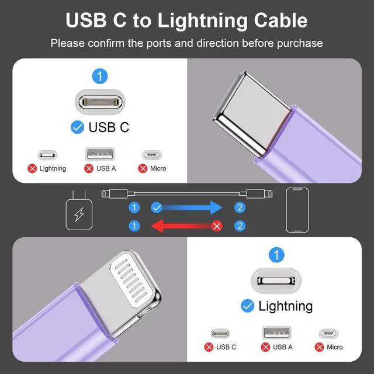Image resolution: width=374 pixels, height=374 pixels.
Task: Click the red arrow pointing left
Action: click(x=181, y=226)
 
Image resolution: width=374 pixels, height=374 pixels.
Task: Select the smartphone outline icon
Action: click(x=297, y=211)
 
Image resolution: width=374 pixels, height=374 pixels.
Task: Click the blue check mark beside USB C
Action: click(x=77, y=127)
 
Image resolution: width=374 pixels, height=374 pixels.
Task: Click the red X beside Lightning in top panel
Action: click(x=33, y=168)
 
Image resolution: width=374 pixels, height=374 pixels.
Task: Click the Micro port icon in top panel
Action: click(x=151, y=155)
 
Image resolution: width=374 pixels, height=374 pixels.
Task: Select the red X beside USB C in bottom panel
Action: click(x=209, y=347)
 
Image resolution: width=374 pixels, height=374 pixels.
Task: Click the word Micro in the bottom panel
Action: click(x=335, y=347)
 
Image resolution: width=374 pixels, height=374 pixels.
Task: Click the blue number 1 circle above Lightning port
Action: click(x=277, y=255)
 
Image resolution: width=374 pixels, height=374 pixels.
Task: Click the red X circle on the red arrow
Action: click(x=217, y=226)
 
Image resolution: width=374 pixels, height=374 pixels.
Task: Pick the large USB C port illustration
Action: click(x=101, y=101)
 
